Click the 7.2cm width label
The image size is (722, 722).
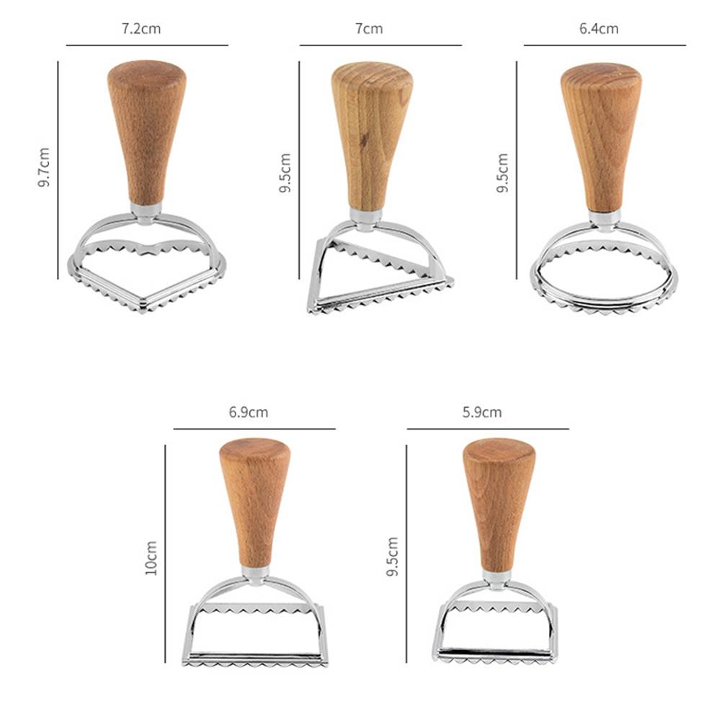point(141,29)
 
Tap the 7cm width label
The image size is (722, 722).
point(369,29)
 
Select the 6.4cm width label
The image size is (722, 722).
point(599,29)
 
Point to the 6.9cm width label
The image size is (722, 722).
point(249,412)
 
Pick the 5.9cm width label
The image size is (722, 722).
point(482,412)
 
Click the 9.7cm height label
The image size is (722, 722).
point(44,167)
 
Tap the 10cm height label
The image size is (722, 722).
point(151,558)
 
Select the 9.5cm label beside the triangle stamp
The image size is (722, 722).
point(285,173)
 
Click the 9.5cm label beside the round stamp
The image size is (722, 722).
point(502,173)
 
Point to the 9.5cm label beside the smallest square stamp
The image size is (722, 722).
point(392,556)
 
